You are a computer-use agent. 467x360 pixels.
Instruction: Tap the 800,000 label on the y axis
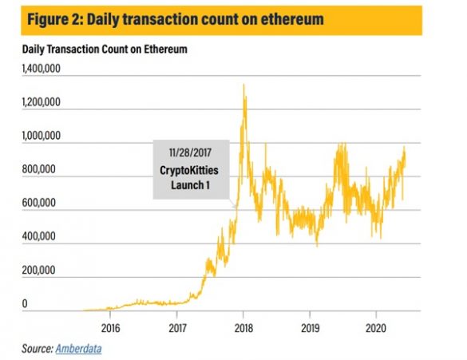[39, 171]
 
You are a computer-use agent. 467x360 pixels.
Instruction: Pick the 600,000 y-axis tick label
[39, 204]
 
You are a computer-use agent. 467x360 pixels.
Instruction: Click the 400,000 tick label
[39, 238]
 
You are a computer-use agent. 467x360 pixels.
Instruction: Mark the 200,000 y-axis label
[39, 271]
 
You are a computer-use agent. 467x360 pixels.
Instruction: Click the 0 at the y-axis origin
[25, 305]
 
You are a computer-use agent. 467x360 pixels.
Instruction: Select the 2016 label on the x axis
[110, 328]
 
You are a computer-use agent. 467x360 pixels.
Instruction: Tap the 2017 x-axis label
[177, 328]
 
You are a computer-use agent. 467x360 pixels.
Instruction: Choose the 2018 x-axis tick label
[243, 328]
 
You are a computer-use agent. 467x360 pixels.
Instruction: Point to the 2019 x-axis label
[311, 328]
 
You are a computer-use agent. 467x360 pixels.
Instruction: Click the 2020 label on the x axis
[377, 328]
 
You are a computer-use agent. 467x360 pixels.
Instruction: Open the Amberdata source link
[78, 348]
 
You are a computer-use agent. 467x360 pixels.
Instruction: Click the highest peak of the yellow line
[243, 85]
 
